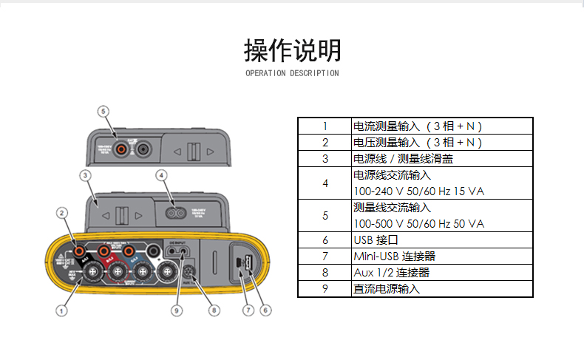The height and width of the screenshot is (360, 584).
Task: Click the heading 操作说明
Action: tap(292, 50)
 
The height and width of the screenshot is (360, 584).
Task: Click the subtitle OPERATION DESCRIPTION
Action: tap(292, 73)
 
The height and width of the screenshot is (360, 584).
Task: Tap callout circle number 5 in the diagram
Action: tap(103, 111)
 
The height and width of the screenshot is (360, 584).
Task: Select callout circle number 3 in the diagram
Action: tap(85, 175)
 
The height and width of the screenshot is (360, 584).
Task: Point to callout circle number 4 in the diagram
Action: tap(161, 175)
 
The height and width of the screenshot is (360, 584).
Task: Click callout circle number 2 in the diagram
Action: tap(62, 213)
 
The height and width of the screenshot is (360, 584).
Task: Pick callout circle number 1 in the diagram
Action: tap(62, 311)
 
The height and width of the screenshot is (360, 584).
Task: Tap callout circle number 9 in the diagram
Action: tap(176, 311)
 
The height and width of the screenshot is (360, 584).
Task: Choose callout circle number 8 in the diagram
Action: tap(214, 311)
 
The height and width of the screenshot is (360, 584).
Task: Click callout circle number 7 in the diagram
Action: tap(249, 311)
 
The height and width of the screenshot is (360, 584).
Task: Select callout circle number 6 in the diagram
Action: tap(267, 311)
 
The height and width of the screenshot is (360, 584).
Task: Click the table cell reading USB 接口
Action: tap(376, 240)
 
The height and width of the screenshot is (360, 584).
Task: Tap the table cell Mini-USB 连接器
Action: tap(394, 256)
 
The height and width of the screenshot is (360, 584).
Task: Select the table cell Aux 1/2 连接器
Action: tap(391, 272)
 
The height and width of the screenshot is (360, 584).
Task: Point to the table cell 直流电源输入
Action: tap(387, 288)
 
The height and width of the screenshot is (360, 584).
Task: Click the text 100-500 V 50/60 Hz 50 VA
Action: tap(418, 223)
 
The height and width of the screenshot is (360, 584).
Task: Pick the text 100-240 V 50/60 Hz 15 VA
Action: tap(418, 191)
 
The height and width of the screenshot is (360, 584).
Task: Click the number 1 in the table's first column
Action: tap(325, 126)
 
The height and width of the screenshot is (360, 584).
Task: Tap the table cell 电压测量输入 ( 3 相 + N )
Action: tap(418, 142)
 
